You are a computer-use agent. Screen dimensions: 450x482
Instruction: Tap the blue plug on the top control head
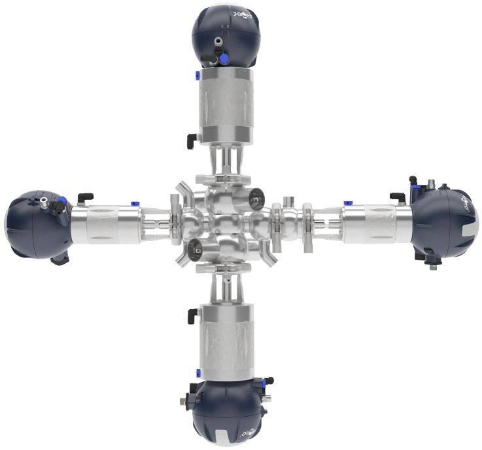(x=224, y=59)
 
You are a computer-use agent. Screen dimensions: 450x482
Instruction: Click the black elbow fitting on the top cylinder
(x=190, y=138)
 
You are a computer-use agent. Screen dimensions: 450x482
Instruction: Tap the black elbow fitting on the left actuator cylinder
(x=84, y=197)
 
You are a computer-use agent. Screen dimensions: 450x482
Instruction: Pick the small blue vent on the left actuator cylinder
(x=133, y=204)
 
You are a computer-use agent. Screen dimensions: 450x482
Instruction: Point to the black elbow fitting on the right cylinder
(x=397, y=196)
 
